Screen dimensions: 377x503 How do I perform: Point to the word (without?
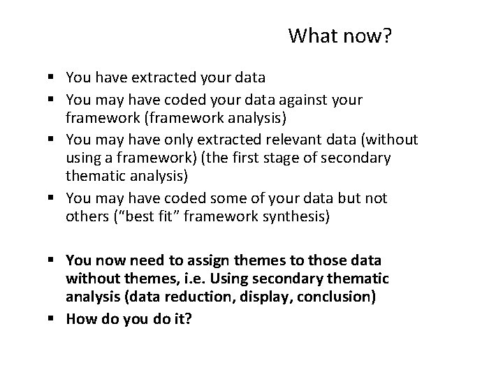(387, 140)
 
